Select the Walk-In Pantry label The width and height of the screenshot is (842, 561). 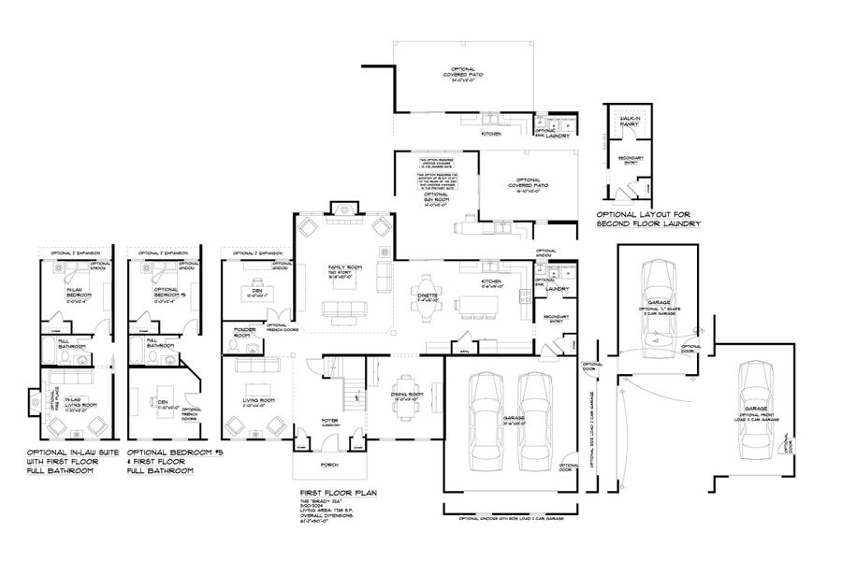pyautogui.click(x=627, y=122)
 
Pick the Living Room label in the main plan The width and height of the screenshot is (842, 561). pyautogui.click(x=258, y=401)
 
